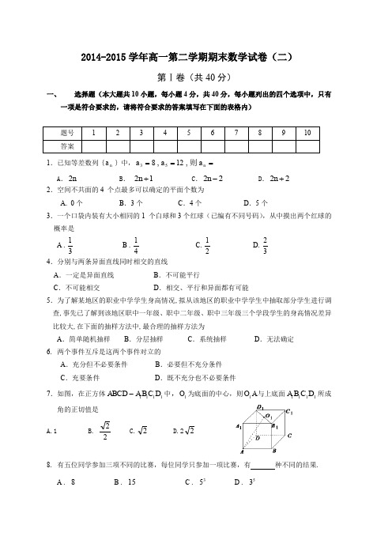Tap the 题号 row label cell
(67, 133)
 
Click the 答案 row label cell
(67, 146)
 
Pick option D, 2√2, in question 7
(183, 431)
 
